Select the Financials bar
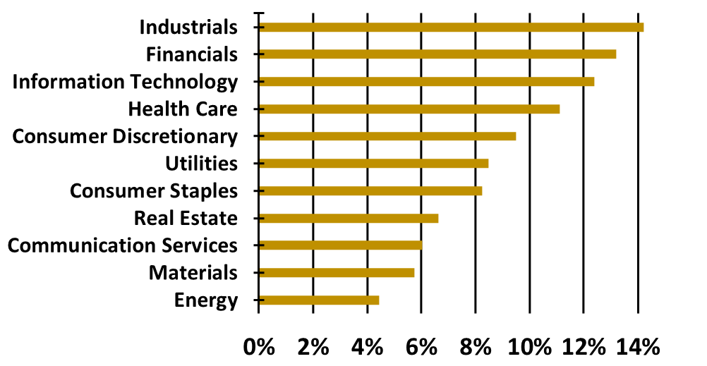pyautogui.click(x=437, y=54)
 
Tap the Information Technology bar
pyautogui.click(x=426, y=82)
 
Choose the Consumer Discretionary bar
pyautogui.click(x=387, y=136)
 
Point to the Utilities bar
pyautogui.click(x=373, y=164)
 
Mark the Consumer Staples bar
pyautogui.click(x=370, y=190)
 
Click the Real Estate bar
pyautogui.click(x=349, y=218)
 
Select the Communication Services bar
pyautogui.click(x=340, y=245)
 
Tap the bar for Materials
pyautogui.click(x=337, y=272)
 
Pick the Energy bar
pyautogui.click(x=319, y=300)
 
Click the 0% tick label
pyautogui.click(x=258, y=347)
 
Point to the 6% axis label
pyautogui.click(x=421, y=347)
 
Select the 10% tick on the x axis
pyautogui.click(x=529, y=347)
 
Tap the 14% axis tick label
pyautogui.click(x=638, y=347)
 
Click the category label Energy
pyautogui.click(x=205, y=300)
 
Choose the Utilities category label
pyautogui.click(x=201, y=164)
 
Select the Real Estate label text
pyautogui.click(x=186, y=218)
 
